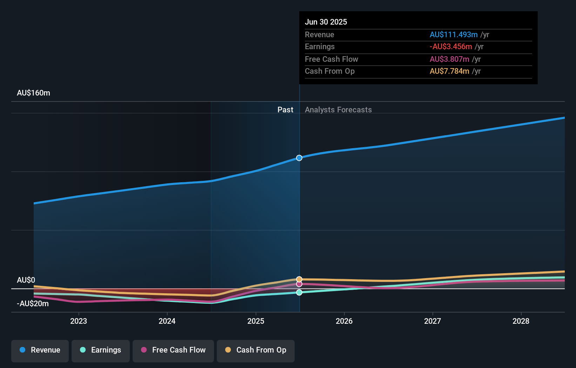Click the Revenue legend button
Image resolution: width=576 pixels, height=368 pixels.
pyautogui.click(x=40, y=350)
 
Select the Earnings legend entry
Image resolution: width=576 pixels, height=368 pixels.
pyautogui.click(x=101, y=350)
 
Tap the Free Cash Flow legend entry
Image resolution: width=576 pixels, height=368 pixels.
pyautogui.click(x=173, y=350)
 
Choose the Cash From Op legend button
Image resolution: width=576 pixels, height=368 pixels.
pyautogui.click(x=256, y=350)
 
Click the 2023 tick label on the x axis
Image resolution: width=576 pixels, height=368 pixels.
pyautogui.click(x=79, y=321)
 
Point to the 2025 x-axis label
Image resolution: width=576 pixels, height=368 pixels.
pyautogui.click(x=256, y=321)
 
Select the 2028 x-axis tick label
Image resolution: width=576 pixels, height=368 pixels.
pyautogui.click(x=521, y=321)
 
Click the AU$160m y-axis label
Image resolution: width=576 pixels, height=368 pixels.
pyautogui.click(x=34, y=93)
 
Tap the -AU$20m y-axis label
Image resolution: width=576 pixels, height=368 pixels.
pyautogui.click(x=33, y=304)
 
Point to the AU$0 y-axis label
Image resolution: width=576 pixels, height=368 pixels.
pyautogui.click(x=26, y=280)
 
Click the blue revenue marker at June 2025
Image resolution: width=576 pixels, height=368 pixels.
pyautogui.click(x=299, y=158)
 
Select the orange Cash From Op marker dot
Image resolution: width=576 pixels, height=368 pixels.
pyautogui.click(x=299, y=280)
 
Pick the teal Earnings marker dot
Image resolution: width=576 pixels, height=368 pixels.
pyautogui.click(x=299, y=293)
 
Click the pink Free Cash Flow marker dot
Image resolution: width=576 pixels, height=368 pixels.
pyautogui.click(x=299, y=284)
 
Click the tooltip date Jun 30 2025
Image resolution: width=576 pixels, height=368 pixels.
pyautogui.click(x=326, y=22)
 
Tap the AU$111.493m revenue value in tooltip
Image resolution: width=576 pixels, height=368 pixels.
pyautogui.click(x=454, y=35)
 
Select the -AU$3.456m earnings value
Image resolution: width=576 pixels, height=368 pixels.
pyautogui.click(x=451, y=47)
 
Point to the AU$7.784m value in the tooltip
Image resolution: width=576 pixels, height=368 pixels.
pyautogui.click(x=449, y=71)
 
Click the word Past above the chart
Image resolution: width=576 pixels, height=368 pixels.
pyautogui.click(x=285, y=110)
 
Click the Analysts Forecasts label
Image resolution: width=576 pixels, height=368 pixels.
pyautogui.click(x=338, y=110)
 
